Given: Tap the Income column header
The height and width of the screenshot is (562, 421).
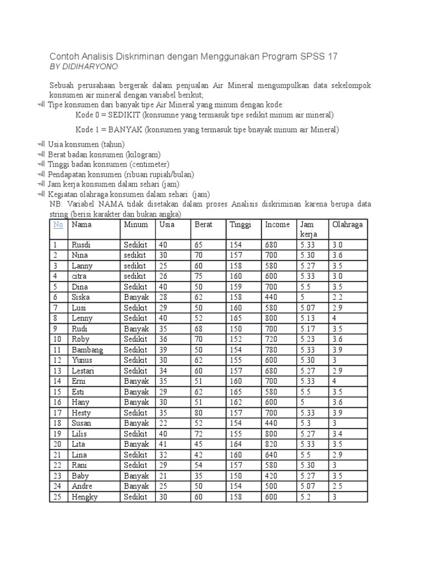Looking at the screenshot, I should click(x=277, y=224).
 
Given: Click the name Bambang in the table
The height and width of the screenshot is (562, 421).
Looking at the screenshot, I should click(x=87, y=350).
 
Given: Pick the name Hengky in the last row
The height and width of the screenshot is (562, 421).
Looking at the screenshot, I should click(x=85, y=497).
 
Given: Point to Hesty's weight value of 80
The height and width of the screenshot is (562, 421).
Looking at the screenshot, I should click(x=198, y=413).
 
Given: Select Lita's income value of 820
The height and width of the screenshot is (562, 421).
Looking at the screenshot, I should click(x=271, y=444).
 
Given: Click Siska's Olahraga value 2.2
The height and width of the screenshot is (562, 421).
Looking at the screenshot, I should click(x=337, y=297).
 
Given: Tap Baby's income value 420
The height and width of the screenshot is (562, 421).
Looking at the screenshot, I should click(x=271, y=476).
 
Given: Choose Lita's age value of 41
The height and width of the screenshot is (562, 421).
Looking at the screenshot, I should click(x=163, y=444).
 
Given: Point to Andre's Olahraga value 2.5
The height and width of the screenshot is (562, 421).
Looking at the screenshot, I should click(x=337, y=486).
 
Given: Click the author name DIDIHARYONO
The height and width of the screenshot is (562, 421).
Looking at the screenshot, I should click(x=91, y=66).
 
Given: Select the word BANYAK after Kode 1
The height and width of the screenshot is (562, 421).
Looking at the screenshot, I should click(x=128, y=130).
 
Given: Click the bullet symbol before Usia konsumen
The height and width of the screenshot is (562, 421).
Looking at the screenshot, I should click(x=41, y=144).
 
